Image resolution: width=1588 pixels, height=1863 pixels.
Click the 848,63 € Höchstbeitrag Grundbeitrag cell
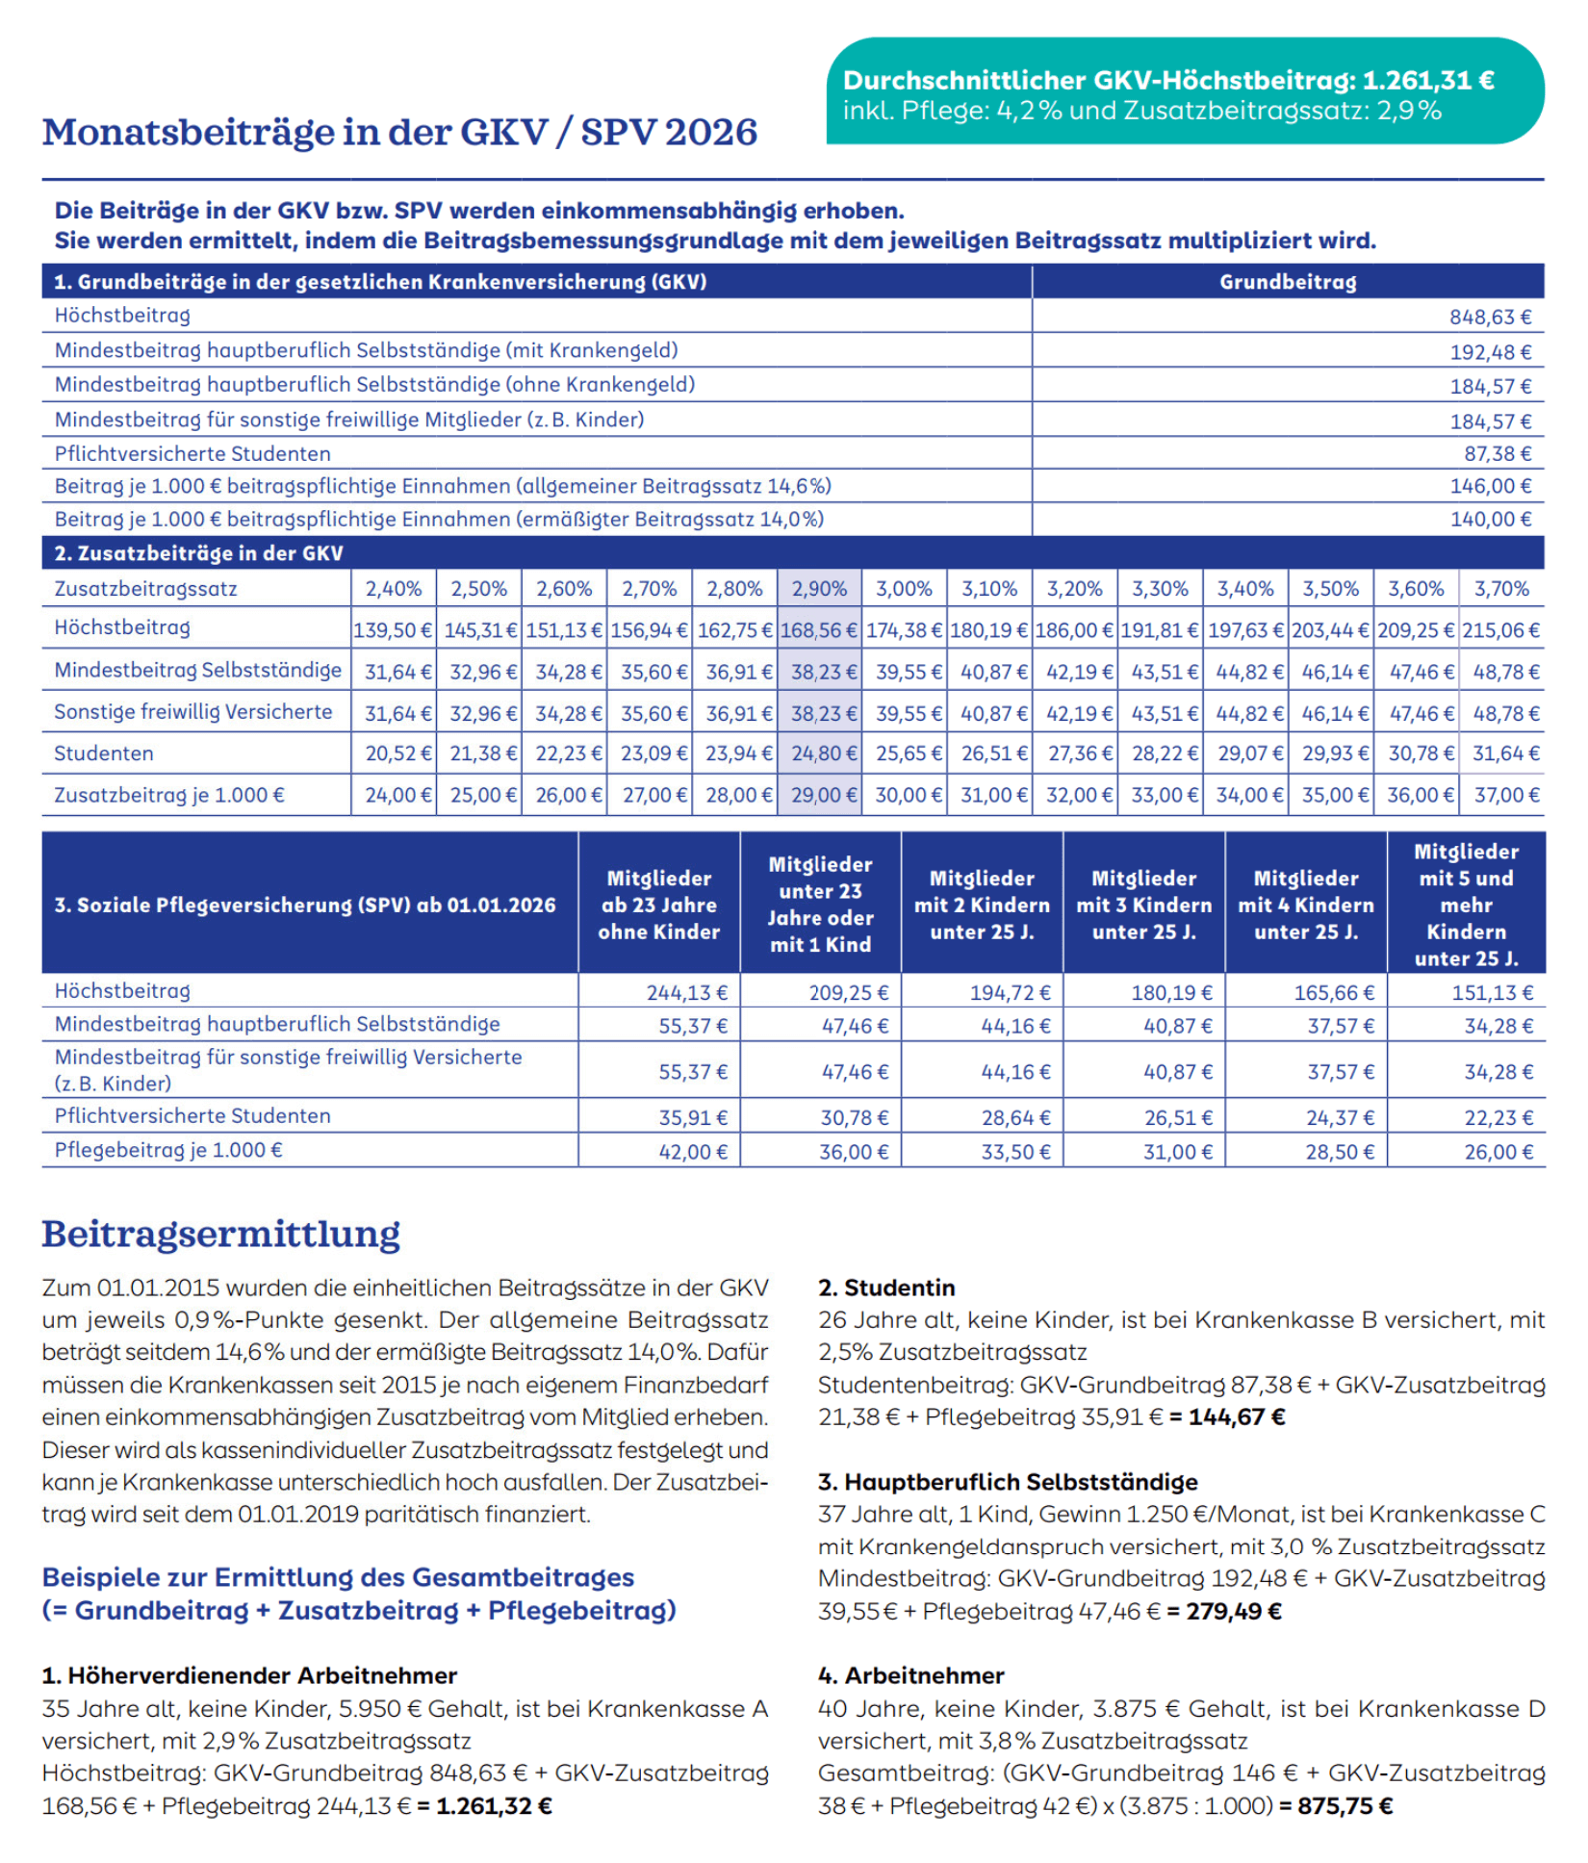(1489, 317)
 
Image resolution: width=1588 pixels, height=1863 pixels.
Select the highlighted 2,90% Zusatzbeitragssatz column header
(819, 588)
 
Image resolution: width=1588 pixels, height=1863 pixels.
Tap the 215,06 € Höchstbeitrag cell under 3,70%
(1500, 630)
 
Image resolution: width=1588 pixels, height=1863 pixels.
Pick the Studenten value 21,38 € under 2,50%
(479, 753)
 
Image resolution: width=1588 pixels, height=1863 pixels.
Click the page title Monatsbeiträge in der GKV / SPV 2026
(399, 133)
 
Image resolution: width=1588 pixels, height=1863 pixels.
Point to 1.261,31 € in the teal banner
(1428, 80)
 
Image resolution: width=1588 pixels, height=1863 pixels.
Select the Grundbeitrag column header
(1287, 282)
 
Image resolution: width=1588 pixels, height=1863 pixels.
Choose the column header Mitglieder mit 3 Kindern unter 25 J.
(1143, 905)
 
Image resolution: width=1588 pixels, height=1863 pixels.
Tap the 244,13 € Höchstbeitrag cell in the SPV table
(686, 992)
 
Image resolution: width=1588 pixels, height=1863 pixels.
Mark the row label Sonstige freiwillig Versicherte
(192, 712)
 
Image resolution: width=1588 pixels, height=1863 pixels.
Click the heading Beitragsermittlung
(220, 1234)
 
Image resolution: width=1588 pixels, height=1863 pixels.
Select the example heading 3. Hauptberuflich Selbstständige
(1008, 1482)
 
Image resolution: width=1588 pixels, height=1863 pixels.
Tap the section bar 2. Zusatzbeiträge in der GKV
(198, 553)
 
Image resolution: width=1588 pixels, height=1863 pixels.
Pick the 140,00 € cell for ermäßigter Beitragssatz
(1489, 519)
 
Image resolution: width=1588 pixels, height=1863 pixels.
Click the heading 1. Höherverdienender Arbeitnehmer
(249, 1675)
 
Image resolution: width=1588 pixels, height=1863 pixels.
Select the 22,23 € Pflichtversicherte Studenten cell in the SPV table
(1498, 1118)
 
